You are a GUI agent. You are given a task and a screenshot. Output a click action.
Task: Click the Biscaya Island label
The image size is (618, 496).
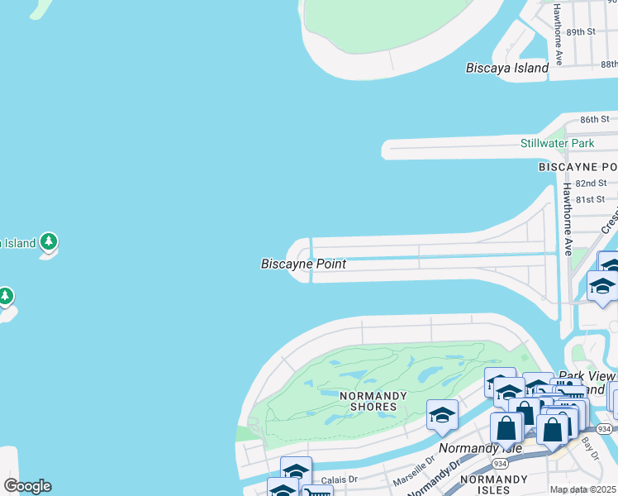(506, 68)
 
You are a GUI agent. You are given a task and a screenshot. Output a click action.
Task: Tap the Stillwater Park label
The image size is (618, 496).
(557, 143)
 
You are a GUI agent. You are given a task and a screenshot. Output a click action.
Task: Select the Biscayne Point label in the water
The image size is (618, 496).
(303, 265)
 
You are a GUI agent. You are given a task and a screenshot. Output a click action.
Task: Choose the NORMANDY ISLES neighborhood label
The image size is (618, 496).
(493, 479)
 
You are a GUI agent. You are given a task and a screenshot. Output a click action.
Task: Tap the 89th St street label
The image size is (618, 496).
(581, 31)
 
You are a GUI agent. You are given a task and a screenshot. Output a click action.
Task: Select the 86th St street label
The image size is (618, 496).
(594, 120)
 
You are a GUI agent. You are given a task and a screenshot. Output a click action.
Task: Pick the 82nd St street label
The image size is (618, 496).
(591, 183)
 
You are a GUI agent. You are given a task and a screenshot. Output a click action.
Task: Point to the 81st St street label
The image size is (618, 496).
(591, 199)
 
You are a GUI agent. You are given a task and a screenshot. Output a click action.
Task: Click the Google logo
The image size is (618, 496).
(27, 486)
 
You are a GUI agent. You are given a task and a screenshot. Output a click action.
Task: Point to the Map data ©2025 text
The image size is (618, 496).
(583, 489)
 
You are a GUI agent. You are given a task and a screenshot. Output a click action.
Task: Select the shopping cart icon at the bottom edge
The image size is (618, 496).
(316, 491)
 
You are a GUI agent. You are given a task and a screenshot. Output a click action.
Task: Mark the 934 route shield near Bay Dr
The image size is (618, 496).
(605, 428)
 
